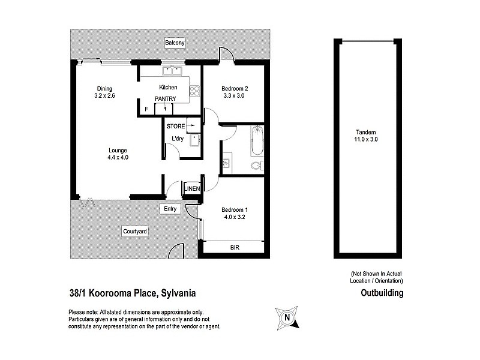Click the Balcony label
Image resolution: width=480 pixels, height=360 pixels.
(x=175, y=43)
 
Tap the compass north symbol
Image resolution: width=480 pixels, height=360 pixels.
(x=287, y=316)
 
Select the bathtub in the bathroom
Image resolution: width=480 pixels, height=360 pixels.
(x=256, y=141)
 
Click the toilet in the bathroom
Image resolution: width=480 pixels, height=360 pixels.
(x=257, y=166)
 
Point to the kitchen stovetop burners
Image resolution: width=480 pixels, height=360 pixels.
(x=195, y=91)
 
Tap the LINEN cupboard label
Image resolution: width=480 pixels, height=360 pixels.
(x=192, y=189)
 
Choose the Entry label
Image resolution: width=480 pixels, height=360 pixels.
(x=170, y=209)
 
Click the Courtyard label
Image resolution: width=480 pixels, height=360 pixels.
(x=135, y=231)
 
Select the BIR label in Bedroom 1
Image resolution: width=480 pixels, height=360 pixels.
(x=234, y=247)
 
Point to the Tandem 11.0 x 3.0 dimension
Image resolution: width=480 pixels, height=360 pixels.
(x=366, y=139)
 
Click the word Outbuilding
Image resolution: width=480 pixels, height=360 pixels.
(x=382, y=293)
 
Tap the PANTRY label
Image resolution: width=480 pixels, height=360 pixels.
(x=164, y=98)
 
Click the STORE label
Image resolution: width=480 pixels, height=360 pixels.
(x=176, y=127)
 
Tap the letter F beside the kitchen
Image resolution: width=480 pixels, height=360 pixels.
(x=146, y=109)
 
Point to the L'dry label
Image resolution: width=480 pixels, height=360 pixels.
(x=178, y=140)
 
